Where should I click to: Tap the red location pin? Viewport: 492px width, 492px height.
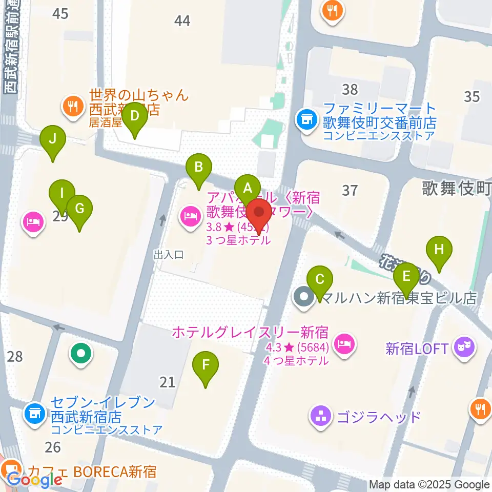click(x=259, y=213)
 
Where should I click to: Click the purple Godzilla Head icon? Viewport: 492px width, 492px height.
click(x=321, y=415)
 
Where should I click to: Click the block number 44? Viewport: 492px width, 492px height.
click(x=182, y=20)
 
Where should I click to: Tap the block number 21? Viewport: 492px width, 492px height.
click(x=167, y=381)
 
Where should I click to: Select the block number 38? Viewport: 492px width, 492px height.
click(x=350, y=89)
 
